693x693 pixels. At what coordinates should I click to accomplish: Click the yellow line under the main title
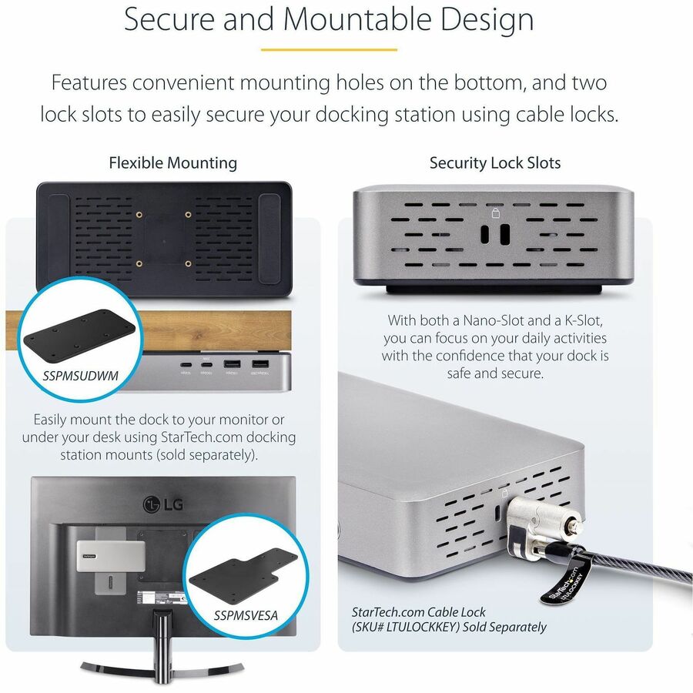(329, 50)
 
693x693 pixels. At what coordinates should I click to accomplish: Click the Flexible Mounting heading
(172, 162)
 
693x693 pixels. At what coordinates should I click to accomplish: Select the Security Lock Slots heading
(494, 162)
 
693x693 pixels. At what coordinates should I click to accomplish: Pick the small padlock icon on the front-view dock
(495, 213)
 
